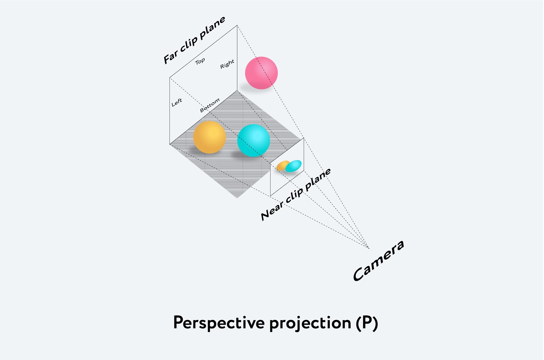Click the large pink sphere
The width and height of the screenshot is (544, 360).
261,73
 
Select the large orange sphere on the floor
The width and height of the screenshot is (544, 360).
209,137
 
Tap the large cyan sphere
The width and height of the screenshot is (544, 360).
253,140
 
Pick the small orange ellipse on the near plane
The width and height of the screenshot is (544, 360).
282,166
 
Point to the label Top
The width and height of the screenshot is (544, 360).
200,61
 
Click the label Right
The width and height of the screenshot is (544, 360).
227,64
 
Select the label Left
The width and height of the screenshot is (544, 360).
177,102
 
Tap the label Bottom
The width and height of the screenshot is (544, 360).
209,105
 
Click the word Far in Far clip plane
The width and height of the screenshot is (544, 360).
171,57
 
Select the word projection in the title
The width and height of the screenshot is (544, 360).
310,323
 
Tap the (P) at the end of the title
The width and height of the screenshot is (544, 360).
367,323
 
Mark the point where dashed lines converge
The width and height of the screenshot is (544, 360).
369,248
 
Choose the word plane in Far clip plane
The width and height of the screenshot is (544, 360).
213,28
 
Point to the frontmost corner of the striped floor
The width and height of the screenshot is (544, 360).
237,198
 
